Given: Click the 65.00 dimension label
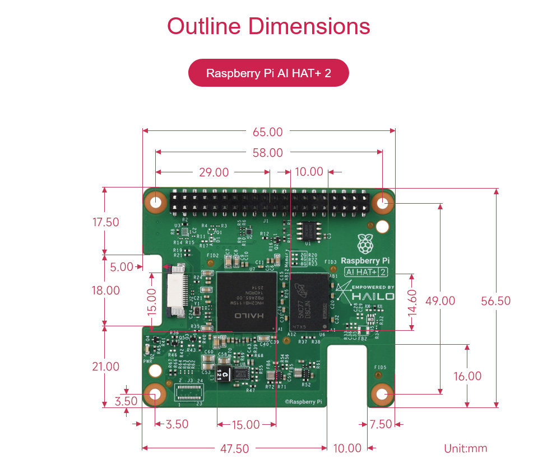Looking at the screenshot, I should pos(268,132).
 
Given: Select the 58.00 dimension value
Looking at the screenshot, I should pos(268,152).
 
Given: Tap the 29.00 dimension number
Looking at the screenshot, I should pos(214,172).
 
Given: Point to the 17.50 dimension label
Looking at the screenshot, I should pos(105,222).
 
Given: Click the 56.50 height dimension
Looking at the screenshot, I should pos(496,301).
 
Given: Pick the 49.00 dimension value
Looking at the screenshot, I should pos(440,301).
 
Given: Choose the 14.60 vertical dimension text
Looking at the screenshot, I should pos(413,302).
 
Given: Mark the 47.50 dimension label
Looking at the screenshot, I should pos(234,448).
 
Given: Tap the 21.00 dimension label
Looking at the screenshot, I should pos(105,367).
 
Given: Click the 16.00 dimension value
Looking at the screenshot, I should pos(467,376).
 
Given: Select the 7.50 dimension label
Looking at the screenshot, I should pos(381,424).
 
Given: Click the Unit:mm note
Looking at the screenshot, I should pos(465,448).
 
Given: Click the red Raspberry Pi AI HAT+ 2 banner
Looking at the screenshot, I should pos(268,73).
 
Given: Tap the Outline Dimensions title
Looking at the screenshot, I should pos(268,26).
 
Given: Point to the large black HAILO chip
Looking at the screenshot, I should pos(247,301).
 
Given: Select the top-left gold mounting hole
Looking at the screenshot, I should pos(156,202).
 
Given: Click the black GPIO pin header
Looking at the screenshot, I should pos(269,201).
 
